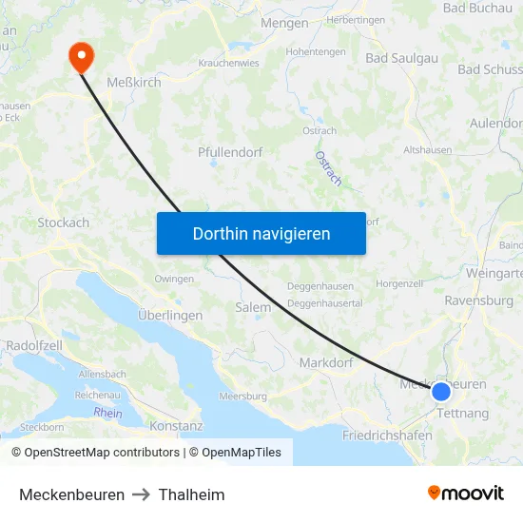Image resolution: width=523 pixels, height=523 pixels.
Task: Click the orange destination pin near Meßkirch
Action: (81, 57)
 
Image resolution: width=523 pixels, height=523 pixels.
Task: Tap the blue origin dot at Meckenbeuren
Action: (441, 391)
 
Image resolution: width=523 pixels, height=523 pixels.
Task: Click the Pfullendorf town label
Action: (230, 152)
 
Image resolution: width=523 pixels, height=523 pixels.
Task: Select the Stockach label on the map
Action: (63, 223)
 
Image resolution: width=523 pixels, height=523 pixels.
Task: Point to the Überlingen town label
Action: (170, 316)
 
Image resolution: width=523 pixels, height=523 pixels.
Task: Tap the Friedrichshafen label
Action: (387, 436)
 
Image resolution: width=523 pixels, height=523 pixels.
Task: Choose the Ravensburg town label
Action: (478, 300)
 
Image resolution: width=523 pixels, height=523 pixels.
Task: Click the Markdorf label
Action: (325, 362)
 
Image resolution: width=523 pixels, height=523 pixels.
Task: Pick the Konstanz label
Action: (177, 426)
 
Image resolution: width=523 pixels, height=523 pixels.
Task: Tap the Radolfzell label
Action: (34, 345)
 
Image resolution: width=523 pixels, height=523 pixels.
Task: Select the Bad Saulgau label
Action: (402, 58)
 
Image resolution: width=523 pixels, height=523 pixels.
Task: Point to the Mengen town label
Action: (284, 23)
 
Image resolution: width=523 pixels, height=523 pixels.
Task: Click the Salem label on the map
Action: (253, 307)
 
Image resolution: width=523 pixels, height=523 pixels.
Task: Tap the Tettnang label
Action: (463, 414)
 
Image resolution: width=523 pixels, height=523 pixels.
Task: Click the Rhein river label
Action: (108, 413)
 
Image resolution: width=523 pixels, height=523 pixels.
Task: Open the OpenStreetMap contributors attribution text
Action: (96, 453)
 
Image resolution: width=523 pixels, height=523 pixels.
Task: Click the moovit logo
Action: (466, 493)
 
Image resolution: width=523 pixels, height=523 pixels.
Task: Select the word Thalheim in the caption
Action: (192, 494)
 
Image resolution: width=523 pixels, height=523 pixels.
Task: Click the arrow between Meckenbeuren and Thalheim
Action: (142, 494)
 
